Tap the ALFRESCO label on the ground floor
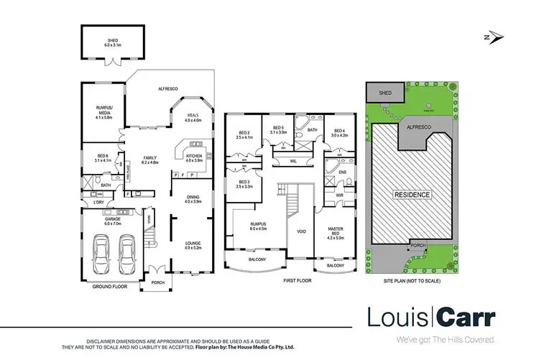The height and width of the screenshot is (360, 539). (x=167, y=88)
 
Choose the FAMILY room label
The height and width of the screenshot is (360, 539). (x=149, y=159)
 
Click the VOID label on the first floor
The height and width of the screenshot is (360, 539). (x=301, y=232)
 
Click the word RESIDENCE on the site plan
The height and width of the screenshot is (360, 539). (x=411, y=195)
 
